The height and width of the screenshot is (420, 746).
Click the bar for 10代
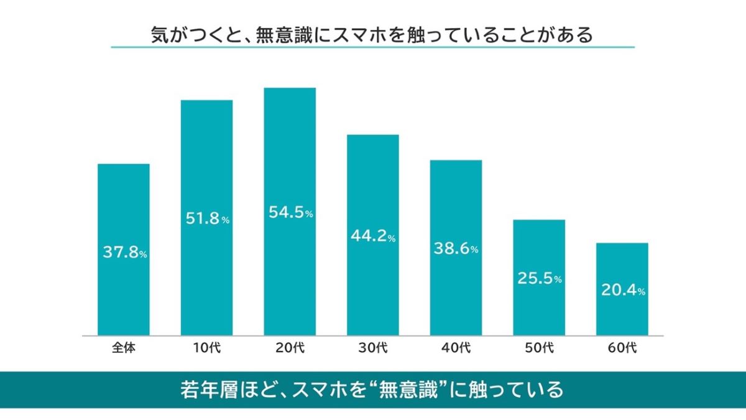tap(206, 156)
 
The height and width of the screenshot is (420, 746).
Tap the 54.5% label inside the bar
tap(290, 213)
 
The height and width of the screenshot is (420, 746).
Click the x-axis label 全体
tap(124, 348)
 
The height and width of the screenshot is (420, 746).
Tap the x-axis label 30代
tap(373, 348)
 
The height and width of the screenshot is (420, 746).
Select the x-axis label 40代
tap(456, 348)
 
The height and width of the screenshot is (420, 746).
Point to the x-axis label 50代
tap(539, 348)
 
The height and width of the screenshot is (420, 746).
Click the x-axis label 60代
tap(622, 348)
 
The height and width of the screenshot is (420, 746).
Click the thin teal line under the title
tap(373, 47)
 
